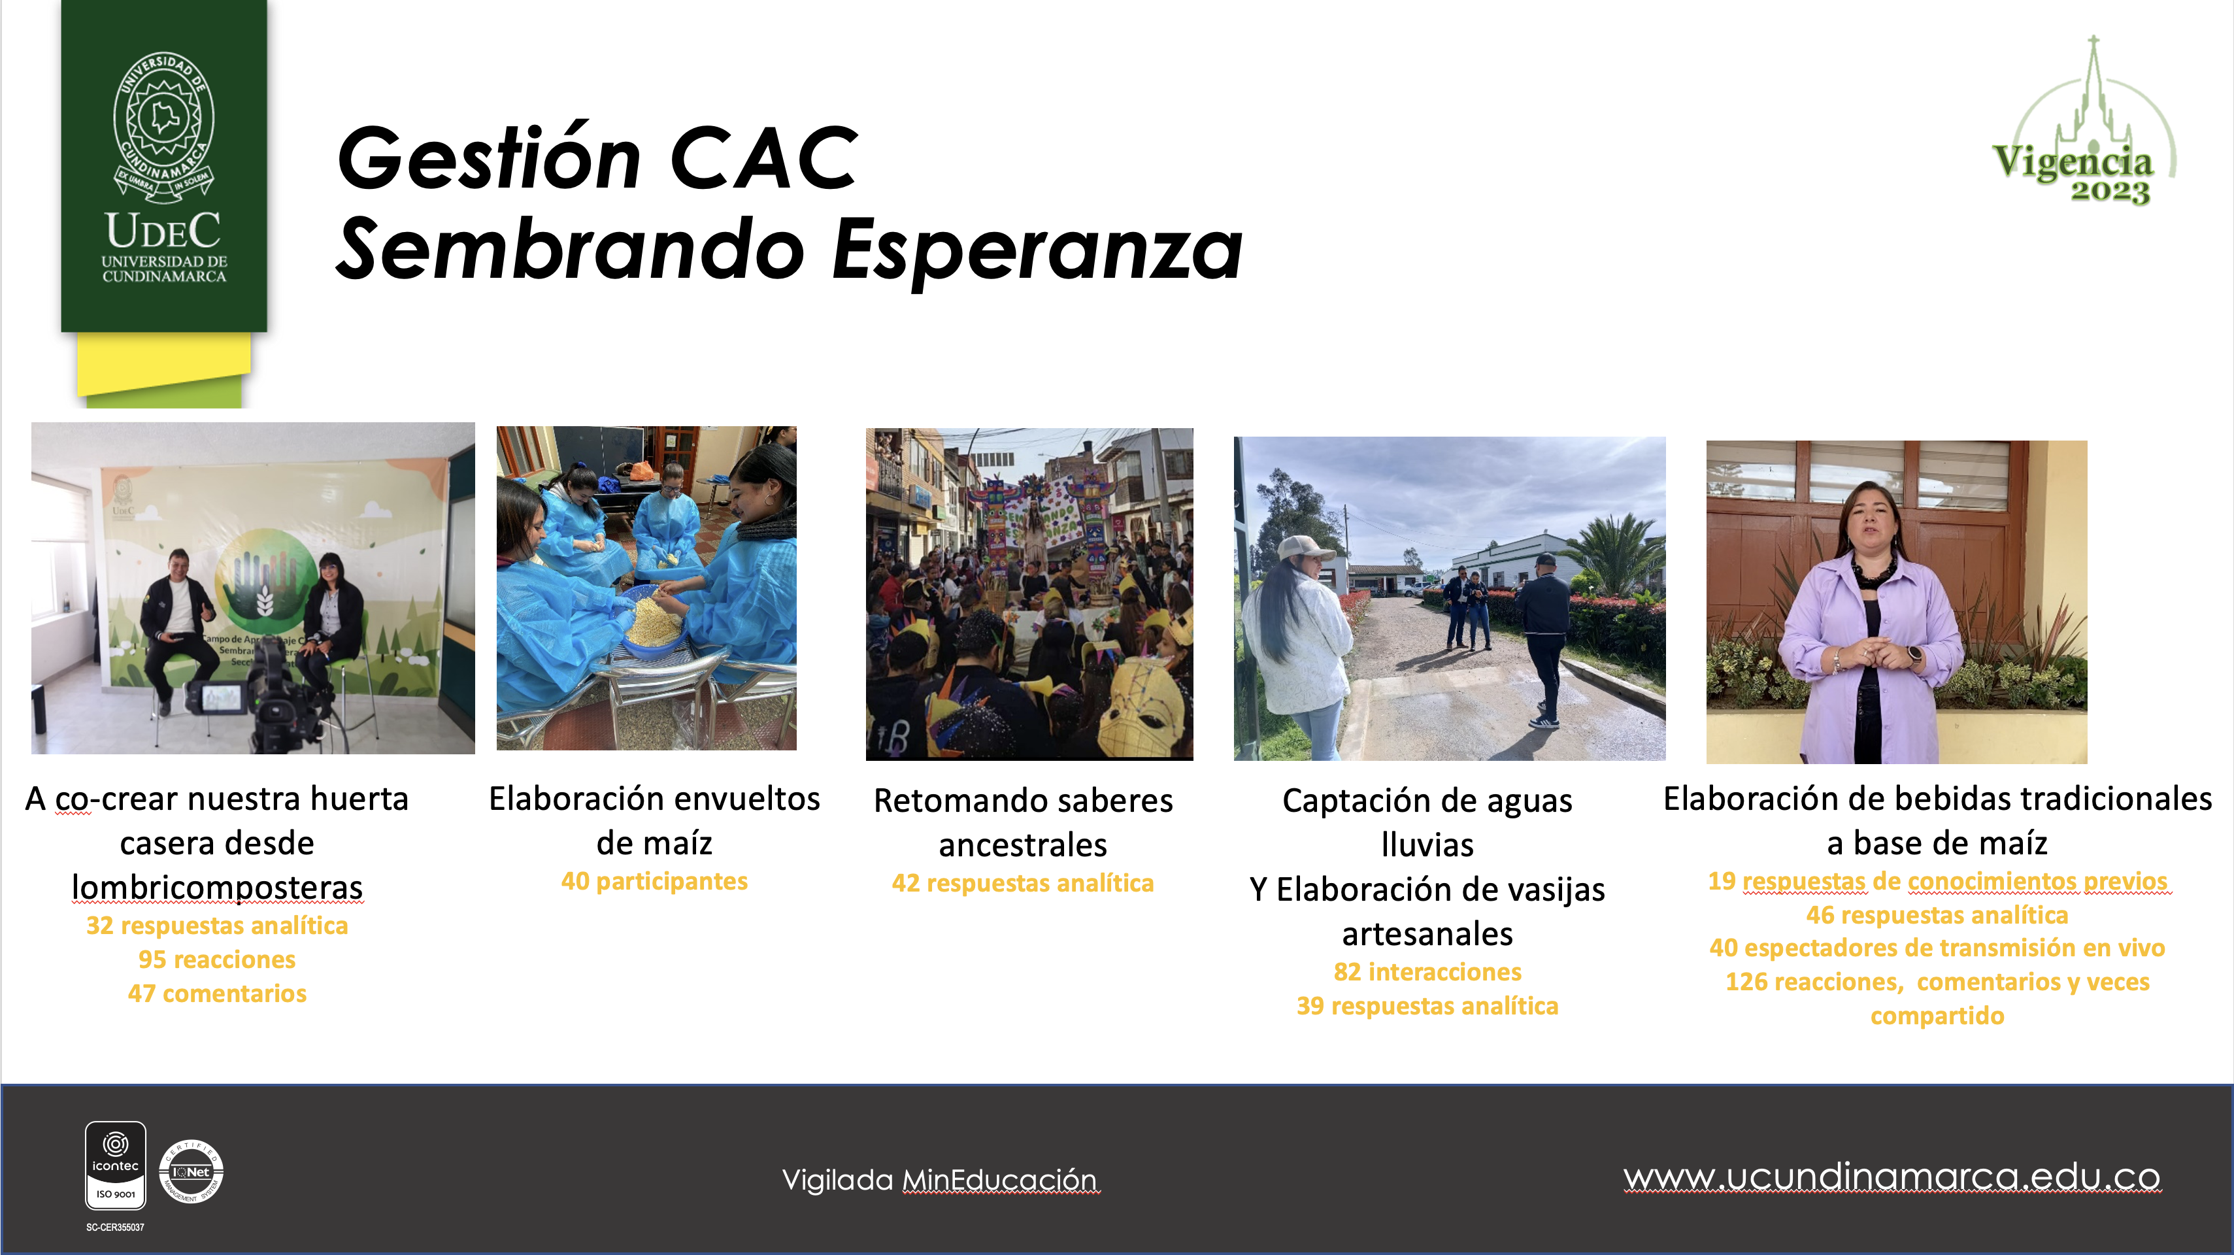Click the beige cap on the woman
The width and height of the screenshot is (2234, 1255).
coord(1305,548)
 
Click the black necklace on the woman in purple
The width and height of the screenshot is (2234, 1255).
coord(1873,569)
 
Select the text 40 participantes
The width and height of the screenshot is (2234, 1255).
coord(655,881)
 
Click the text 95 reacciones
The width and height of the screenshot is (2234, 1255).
coord(217,960)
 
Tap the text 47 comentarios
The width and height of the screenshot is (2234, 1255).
coord(217,993)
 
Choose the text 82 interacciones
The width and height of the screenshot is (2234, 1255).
coord(1427,971)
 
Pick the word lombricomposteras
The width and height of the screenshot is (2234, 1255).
coord(217,887)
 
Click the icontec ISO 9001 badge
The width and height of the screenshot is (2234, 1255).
coord(115,1165)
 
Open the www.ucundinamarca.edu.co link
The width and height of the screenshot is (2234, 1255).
coord(1892,1177)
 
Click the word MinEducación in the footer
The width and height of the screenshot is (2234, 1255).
coord(1000,1180)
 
